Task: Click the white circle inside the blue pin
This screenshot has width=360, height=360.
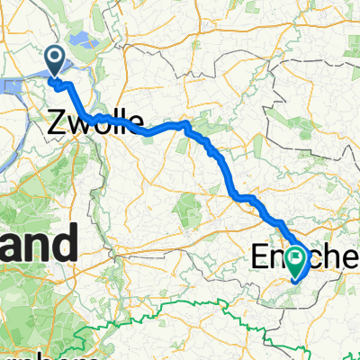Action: pyautogui.click(x=54, y=58)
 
